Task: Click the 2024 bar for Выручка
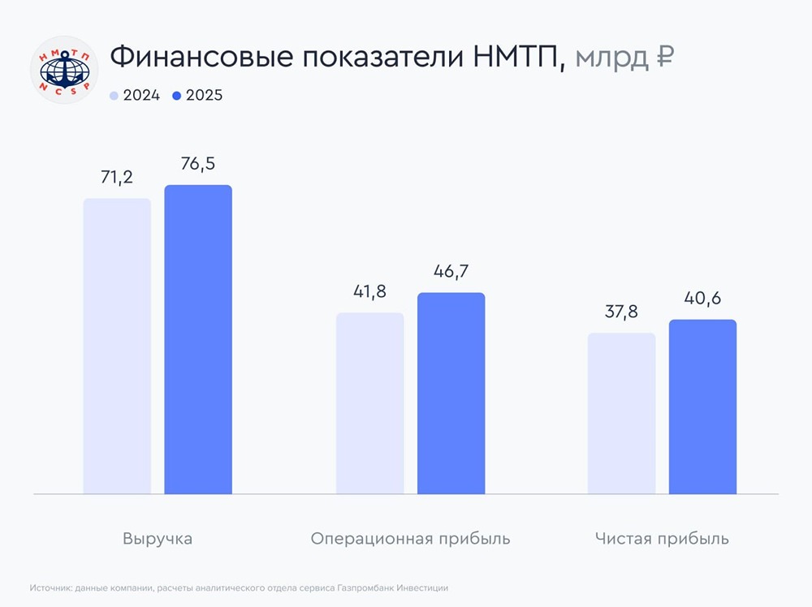[117, 346]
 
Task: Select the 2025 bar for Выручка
[198, 339]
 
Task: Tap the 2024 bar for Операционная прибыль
[369, 403]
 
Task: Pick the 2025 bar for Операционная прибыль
[451, 393]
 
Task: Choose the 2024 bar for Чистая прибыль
[621, 413]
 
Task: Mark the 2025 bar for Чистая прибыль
[702, 407]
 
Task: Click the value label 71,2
[117, 178]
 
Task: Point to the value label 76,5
[198, 165]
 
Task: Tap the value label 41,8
[369, 292]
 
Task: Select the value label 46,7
[451, 272]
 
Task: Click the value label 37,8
[621, 312]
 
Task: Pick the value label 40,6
[702, 299]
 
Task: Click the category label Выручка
[158, 539]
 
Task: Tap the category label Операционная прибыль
[410, 539]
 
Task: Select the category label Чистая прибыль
[661, 539]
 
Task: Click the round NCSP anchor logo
[64, 69]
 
